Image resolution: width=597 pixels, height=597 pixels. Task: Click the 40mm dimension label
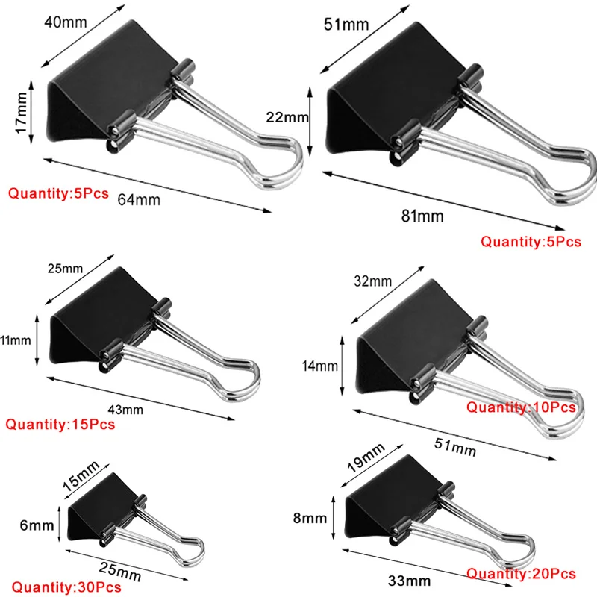point(66,22)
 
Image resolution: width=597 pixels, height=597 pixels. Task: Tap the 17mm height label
point(22,113)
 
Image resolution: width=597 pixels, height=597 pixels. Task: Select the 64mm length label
point(139,200)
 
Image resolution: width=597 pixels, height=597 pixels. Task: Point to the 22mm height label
point(287,117)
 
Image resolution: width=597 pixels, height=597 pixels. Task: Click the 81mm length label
point(422,216)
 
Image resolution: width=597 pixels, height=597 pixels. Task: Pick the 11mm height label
point(16,340)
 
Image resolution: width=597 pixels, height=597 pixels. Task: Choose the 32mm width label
point(372,281)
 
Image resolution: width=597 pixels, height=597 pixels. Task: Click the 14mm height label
point(320,366)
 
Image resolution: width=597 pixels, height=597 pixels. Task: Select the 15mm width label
point(81,475)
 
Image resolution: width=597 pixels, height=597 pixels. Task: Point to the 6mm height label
point(37,525)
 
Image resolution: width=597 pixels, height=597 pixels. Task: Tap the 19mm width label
point(366,457)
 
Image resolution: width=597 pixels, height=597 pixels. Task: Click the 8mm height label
point(310,518)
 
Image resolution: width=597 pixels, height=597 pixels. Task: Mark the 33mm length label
point(409,581)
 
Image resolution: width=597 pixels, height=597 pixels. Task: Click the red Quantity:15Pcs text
point(60,424)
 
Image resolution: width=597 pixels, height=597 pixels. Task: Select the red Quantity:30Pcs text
point(66,587)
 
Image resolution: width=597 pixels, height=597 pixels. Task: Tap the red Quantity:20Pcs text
point(521,574)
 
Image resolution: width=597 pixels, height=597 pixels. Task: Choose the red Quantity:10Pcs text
point(521,407)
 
